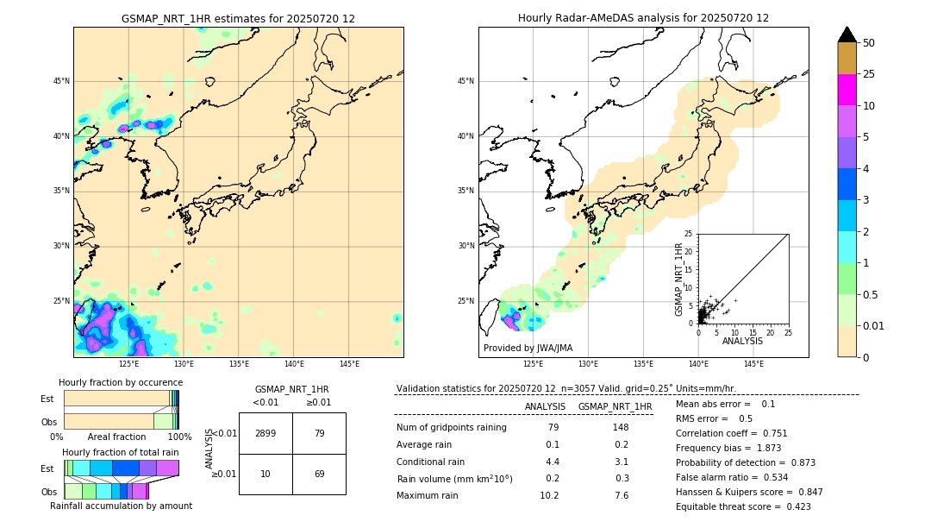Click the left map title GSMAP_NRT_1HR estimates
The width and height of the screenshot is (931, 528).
coord(238,18)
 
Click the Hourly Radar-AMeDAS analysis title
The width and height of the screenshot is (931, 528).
coord(643,18)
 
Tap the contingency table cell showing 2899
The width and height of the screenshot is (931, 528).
coord(266,433)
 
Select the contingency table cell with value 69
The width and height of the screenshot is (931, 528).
coord(319,474)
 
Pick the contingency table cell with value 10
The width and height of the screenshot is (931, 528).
coord(266,474)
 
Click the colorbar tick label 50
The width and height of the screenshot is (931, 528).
coord(869,42)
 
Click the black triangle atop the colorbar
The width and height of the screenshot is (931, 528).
coord(847,35)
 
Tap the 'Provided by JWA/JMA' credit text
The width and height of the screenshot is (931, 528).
coord(528,348)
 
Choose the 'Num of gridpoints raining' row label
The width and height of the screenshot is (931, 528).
coord(451,427)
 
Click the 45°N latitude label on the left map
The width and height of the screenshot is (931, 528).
coord(61,81)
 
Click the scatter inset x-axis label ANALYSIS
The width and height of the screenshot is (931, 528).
coord(741,341)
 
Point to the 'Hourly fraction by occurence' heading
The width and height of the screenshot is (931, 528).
coord(121,382)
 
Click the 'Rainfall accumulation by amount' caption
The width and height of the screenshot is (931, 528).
coord(122,506)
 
